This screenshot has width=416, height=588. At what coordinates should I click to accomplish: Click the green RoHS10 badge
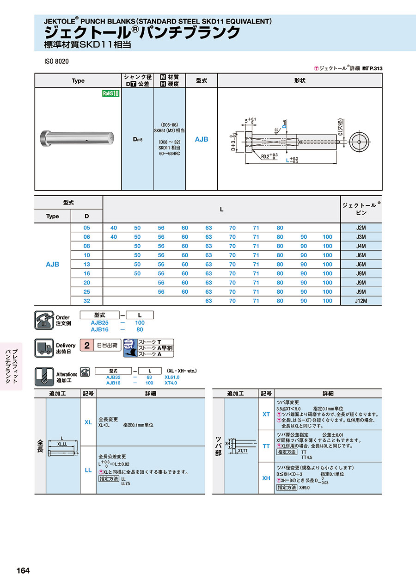pyautogui.click(x=111, y=93)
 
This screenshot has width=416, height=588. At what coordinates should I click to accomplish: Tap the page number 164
pyautogui.click(x=23, y=570)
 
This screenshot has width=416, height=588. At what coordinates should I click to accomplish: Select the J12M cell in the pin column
pyautogui.click(x=361, y=301)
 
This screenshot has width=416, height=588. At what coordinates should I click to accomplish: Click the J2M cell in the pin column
pyautogui.click(x=361, y=228)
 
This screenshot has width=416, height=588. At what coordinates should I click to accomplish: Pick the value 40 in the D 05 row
pyautogui.click(x=114, y=228)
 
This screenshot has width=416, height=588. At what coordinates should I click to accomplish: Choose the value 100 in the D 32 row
pyautogui.click(x=327, y=301)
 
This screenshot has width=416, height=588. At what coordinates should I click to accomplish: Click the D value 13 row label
pyautogui.click(x=86, y=264)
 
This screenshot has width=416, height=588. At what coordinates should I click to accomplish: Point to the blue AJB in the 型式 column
pyautogui.click(x=202, y=139)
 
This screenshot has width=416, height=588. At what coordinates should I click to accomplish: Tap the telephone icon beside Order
pyautogui.click(x=44, y=320)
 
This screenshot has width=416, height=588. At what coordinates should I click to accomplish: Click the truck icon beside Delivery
pyautogui.click(x=44, y=348)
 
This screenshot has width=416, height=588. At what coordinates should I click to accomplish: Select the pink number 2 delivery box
pyautogui.click(x=86, y=345)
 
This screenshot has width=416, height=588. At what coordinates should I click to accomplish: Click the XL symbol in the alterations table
pyautogui.click(x=88, y=422)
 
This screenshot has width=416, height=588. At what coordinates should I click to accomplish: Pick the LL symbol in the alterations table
pyautogui.click(x=88, y=470)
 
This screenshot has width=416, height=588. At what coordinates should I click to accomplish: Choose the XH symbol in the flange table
pyautogui.click(x=266, y=478)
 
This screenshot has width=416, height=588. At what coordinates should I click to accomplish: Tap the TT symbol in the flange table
pyautogui.click(x=266, y=446)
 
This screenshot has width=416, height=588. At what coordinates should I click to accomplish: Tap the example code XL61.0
pyautogui.click(x=172, y=377)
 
